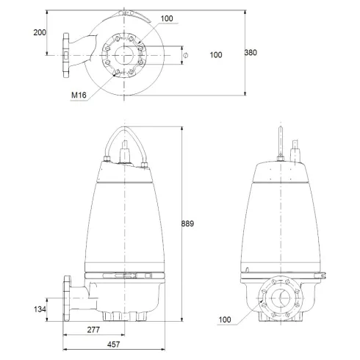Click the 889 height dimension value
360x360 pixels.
pos(190,223)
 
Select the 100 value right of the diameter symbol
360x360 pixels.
pos(215,55)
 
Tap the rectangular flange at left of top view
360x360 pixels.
pos(67,54)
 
